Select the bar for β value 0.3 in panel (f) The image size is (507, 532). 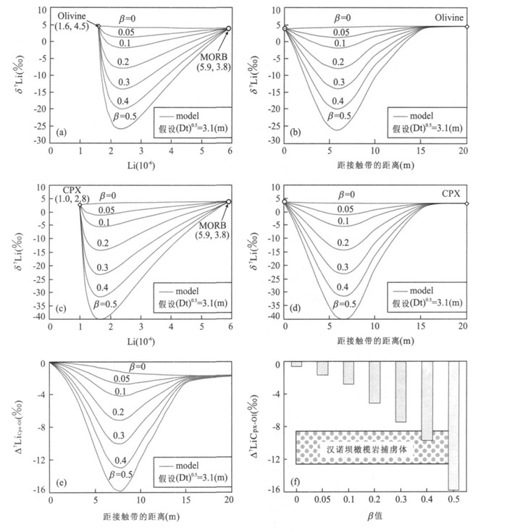click(401, 392)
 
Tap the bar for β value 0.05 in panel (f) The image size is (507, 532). click(322, 368)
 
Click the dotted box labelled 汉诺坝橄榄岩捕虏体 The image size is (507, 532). click(372, 447)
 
